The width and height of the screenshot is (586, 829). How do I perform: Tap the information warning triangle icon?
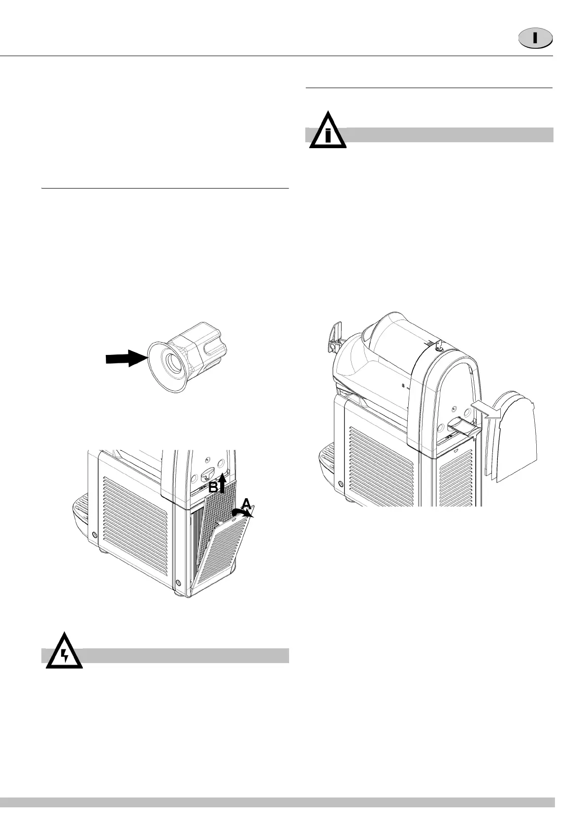(327, 132)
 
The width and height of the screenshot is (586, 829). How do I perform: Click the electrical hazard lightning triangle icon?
(64, 652)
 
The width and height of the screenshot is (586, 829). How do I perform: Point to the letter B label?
(213, 487)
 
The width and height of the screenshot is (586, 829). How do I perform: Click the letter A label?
(246, 502)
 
